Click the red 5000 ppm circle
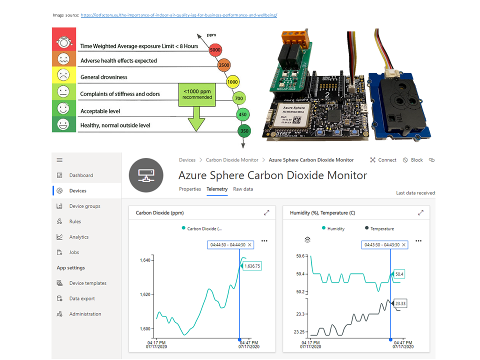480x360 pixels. click(x=215, y=50)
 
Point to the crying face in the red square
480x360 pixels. click(x=63, y=42)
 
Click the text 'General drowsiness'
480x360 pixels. click(x=104, y=77)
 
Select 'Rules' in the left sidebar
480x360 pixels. click(x=75, y=221)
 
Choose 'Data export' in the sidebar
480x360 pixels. click(x=81, y=298)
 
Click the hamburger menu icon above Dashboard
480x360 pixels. click(x=59, y=160)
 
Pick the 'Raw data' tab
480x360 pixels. click(x=243, y=189)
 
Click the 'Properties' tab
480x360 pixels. click(x=190, y=189)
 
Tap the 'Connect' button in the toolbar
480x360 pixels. click(x=383, y=160)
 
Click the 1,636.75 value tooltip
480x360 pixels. click(x=252, y=266)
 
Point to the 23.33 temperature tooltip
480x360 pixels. click(x=401, y=303)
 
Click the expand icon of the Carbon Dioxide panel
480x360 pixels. click(x=266, y=212)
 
